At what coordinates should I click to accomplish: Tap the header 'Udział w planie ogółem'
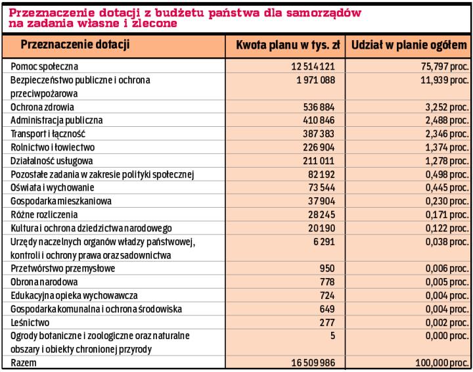[x=409, y=45]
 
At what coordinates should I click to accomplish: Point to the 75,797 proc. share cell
[x=442, y=67]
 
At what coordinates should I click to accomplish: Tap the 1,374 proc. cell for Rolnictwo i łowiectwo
[x=445, y=147]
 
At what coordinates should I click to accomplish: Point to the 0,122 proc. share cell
[x=445, y=228]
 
